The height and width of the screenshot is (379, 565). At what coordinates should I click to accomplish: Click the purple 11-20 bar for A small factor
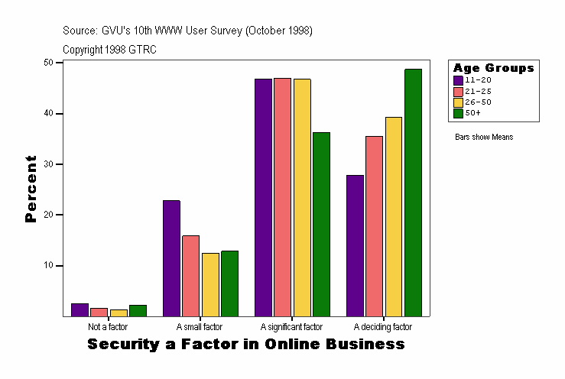pyautogui.click(x=171, y=258)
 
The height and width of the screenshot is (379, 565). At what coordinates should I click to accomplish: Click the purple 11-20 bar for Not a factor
pyautogui.click(x=80, y=309)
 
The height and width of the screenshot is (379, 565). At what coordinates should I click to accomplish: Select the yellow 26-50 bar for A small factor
pyautogui.click(x=210, y=284)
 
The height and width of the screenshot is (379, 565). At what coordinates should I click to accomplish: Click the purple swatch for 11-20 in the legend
pyautogui.click(x=458, y=80)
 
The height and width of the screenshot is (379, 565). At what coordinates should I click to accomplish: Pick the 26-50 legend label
pyautogui.click(x=477, y=102)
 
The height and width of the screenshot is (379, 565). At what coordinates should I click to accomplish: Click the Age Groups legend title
pyautogui.click(x=493, y=68)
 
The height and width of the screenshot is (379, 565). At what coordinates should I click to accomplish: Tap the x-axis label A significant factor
pyautogui.click(x=291, y=327)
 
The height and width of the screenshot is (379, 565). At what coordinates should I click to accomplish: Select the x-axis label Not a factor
pyautogui.click(x=108, y=327)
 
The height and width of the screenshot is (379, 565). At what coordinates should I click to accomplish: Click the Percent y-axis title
pyautogui.click(x=31, y=189)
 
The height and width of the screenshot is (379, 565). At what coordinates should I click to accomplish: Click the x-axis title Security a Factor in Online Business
pyautogui.click(x=245, y=345)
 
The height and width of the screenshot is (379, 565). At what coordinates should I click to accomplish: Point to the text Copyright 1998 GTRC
pyautogui.click(x=109, y=49)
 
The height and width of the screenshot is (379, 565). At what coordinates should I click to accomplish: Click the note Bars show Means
pyautogui.click(x=483, y=137)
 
